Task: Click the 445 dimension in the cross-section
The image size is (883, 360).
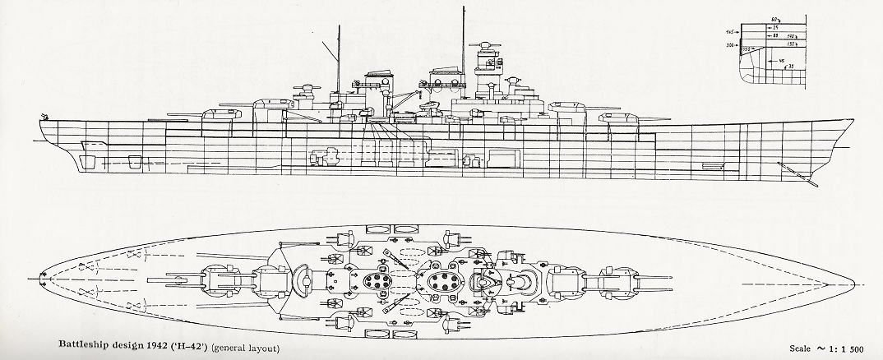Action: pyautogui.click(x=729, y=32)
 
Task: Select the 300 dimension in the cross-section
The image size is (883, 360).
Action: pyautogui.click(x=729, y=46)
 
